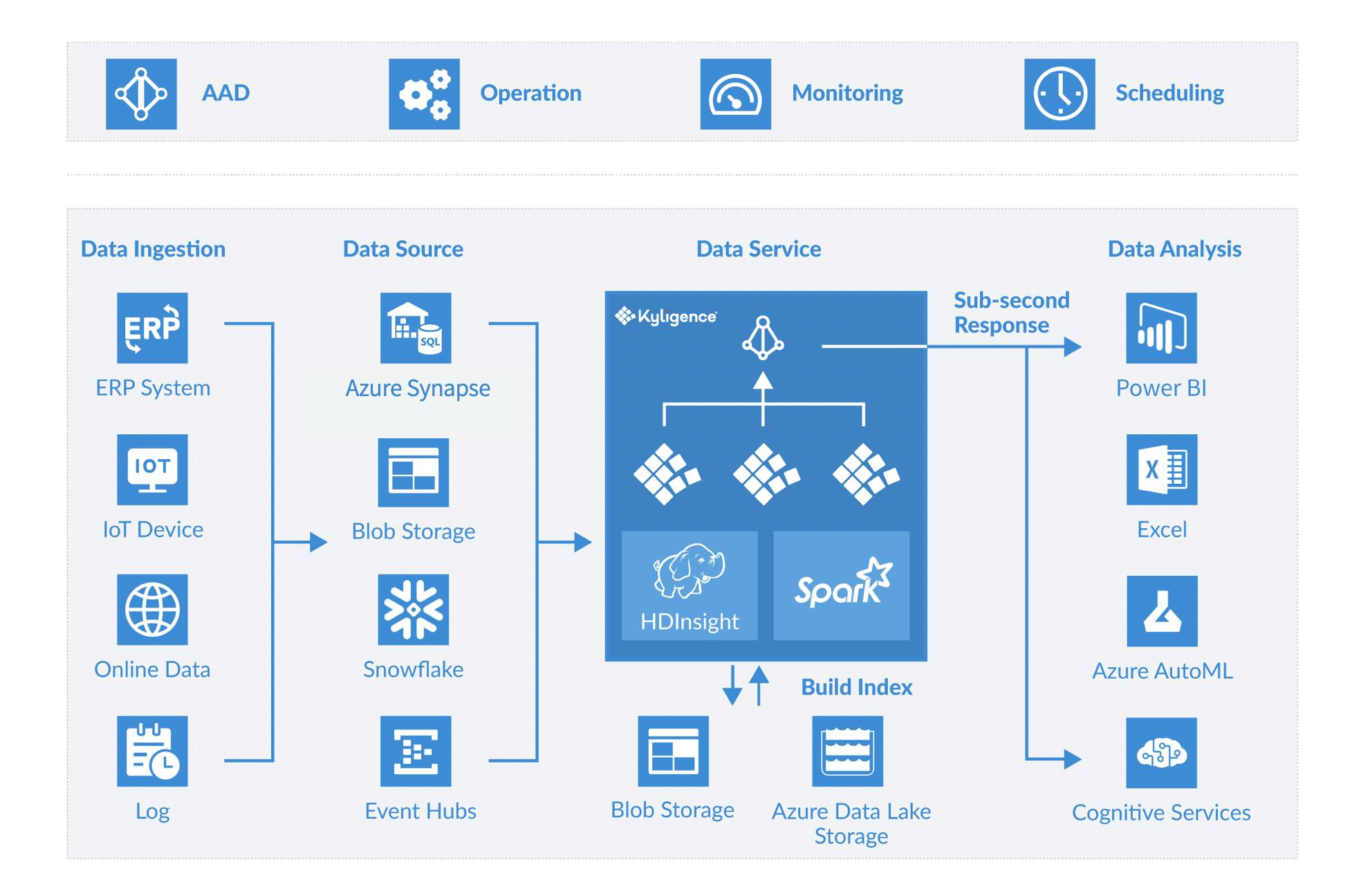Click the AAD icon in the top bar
[141, 94]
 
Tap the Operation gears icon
[424, 94]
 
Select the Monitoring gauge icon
[735, 94]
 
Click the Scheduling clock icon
[1059, 94]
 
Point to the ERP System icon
[152, 328]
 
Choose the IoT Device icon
[152, 469]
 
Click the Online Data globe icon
[152, 610]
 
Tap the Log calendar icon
[152, 751]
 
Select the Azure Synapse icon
[416, 328]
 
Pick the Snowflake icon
[414, 610]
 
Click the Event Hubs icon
[416, 751]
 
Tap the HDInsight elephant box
[689, 585]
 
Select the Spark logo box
[841, 585]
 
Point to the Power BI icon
[1161, 328]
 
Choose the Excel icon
[1161, 469]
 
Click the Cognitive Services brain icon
[1161, 753]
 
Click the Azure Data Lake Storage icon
[847, 751]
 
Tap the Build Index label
[856, 687]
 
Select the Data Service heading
[758, 249]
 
